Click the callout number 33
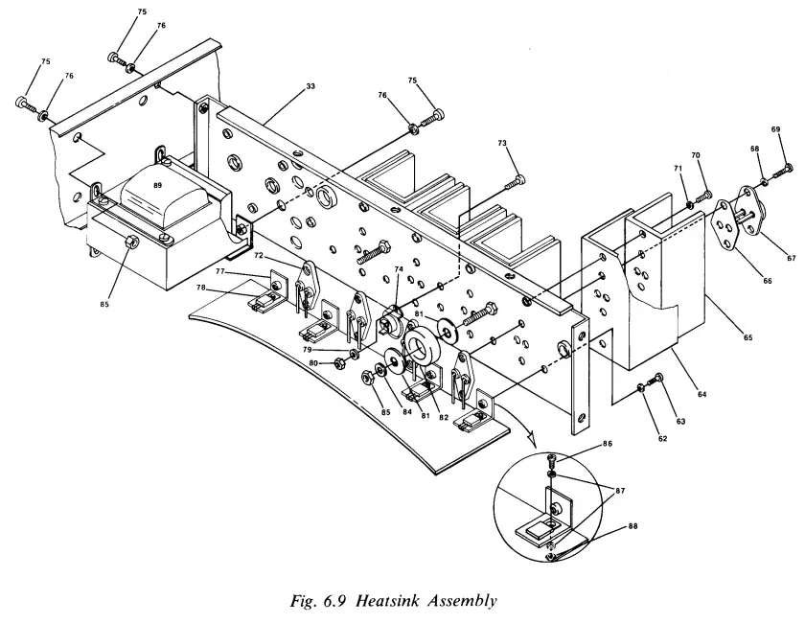(x=310, y=86)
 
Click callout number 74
(x=398, y=271)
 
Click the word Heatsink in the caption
(x=404, y=601)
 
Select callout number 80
(x=315, y=362)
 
